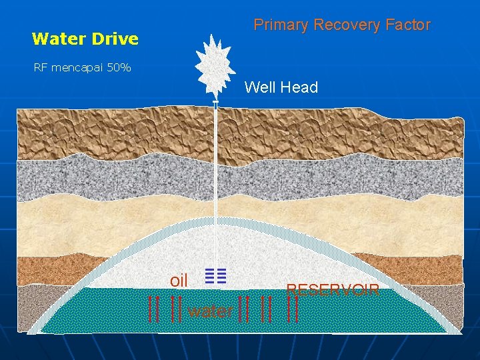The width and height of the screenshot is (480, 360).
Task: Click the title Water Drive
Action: click(x=85, y=39)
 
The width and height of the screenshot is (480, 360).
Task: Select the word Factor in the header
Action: click(x=408, y=25)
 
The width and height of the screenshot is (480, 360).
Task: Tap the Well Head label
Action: click(x=281, y=87)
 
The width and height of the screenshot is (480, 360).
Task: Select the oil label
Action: click(x=179, y=281)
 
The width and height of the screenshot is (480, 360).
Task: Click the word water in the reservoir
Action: click(x=211, y=311)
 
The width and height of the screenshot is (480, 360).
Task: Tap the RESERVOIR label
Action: click(x=333, y=289)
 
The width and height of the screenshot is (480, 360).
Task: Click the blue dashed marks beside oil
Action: click(x=216, y=276)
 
